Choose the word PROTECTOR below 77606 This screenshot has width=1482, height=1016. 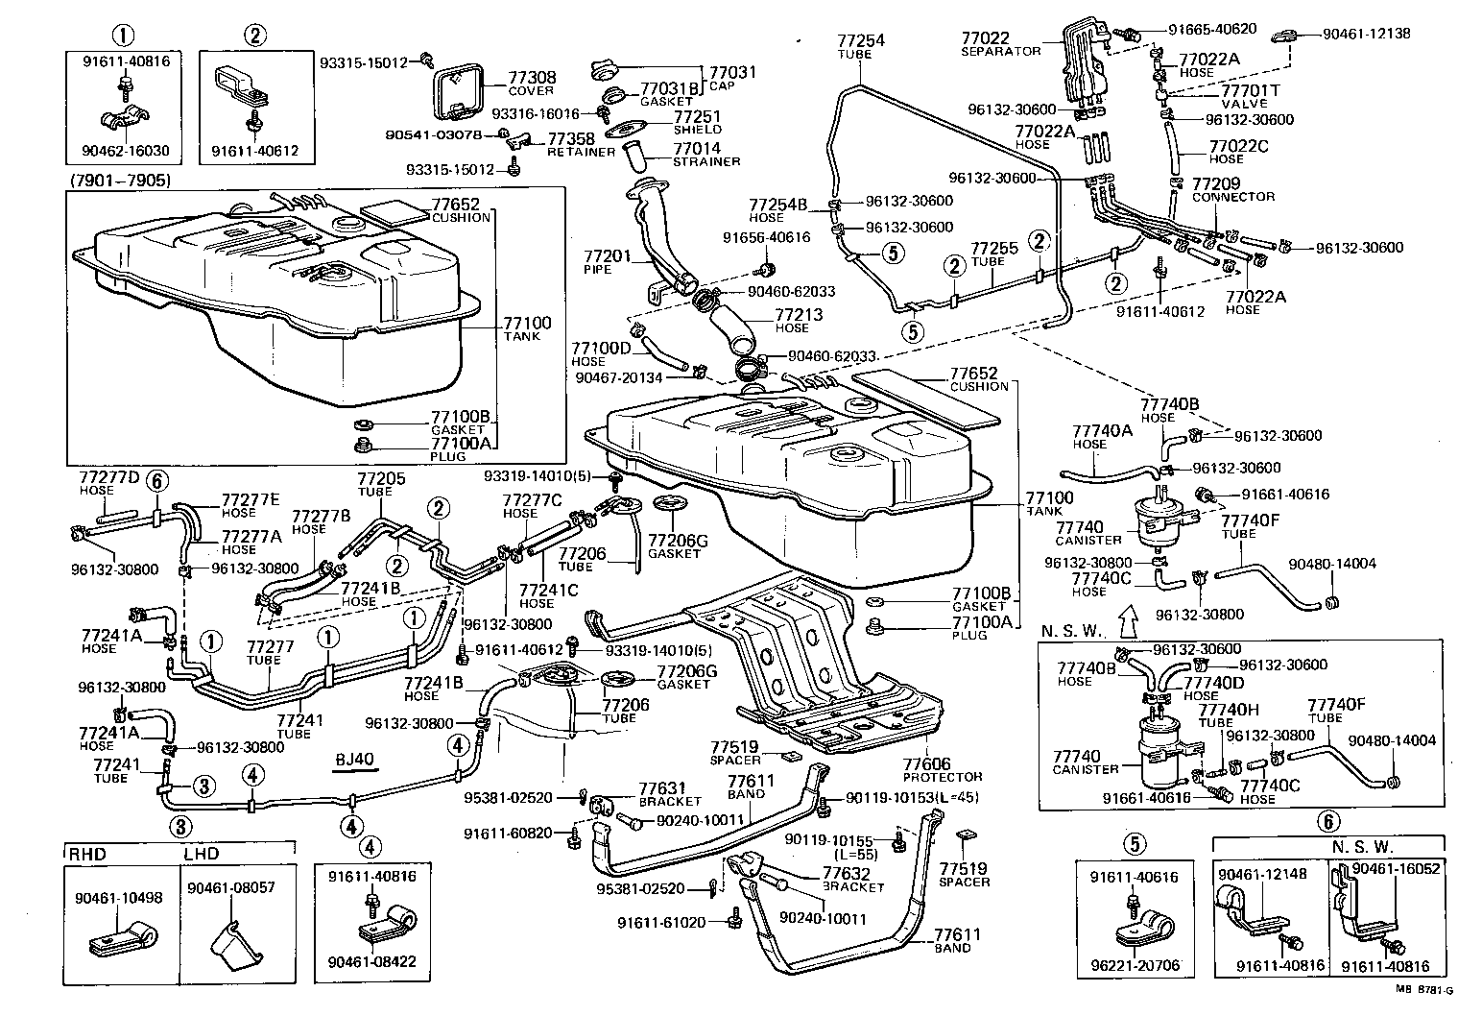[x=943, y=777]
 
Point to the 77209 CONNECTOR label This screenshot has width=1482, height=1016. [x=1232, y=189]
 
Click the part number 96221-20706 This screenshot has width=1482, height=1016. [x=1135, y=965]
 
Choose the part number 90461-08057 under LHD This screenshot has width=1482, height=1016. [x=230, y=888]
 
